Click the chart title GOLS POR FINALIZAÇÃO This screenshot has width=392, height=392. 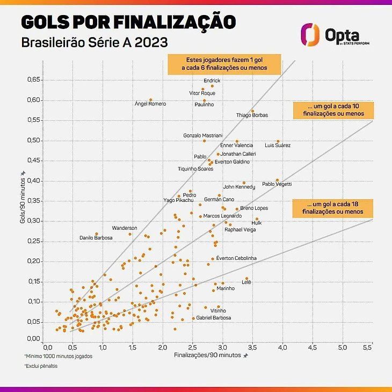(128, 22)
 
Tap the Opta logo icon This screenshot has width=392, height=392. (310, 35)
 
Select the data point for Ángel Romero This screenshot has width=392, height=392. (150, 99)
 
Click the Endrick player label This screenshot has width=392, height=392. (212, 81)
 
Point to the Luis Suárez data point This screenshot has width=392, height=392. (278, 141)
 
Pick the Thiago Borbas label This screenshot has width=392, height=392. (252, 115)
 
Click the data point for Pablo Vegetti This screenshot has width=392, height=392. (277, 180)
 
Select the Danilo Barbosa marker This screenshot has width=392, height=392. (97, 234)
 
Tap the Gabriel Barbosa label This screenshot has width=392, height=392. (214, 318)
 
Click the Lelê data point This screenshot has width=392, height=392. (247, 279)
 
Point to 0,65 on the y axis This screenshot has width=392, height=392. (33, 80)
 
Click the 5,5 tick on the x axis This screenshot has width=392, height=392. (368, 348)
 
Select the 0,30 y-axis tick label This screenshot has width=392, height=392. (33, 221)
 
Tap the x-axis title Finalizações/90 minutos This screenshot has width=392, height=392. (207, 355)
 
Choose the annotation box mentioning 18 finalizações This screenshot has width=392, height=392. (332, 208)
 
